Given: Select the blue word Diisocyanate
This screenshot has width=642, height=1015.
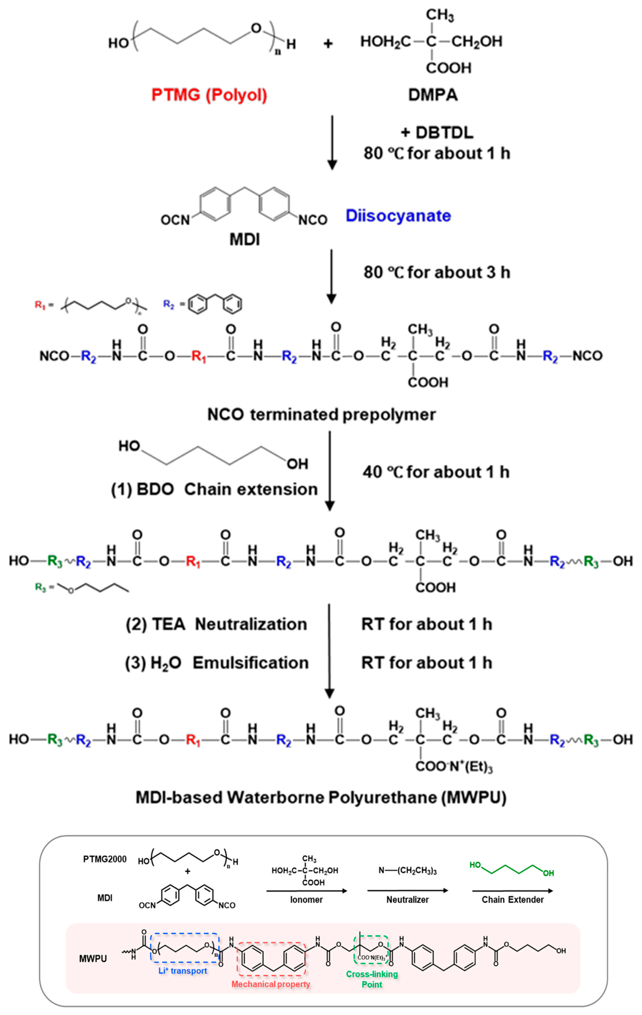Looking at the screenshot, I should pos(398,216).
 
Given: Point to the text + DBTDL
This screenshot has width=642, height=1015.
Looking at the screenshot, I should pos(437,132).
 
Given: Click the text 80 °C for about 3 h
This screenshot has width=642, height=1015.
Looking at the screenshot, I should pos(437,272).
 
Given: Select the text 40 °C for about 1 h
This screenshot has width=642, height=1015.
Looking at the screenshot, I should pos(436,472).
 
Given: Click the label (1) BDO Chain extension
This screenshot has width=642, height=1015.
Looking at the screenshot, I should pos(214,489).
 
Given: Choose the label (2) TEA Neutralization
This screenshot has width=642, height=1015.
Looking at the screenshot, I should pos(216,624).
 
